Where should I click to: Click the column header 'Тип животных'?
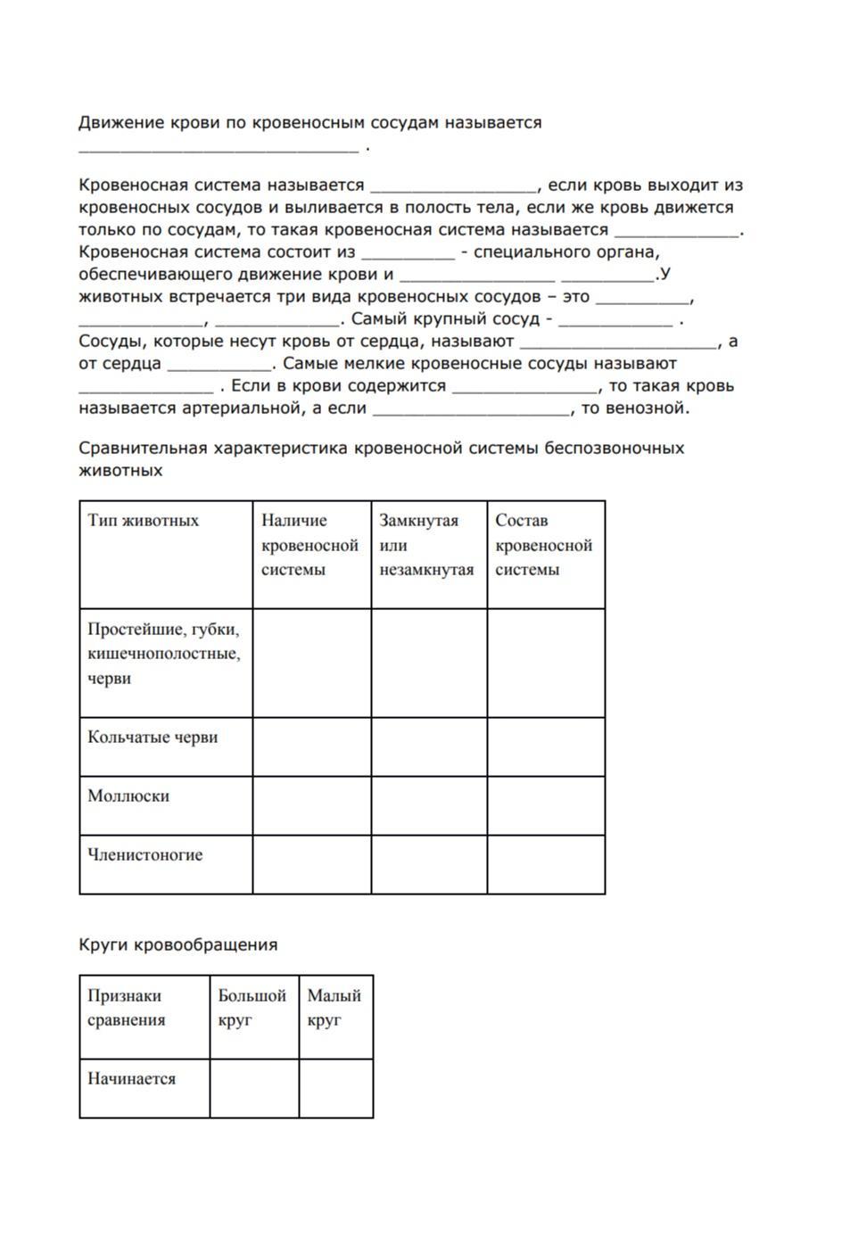[x=143, y=521]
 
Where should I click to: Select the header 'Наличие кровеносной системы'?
[x=309, y=545]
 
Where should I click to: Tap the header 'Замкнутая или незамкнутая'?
[x=426, y=545]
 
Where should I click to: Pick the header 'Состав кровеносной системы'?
[x=543, y=545]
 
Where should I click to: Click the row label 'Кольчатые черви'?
[x=153, y=738]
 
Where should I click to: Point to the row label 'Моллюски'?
[x=128, y=796]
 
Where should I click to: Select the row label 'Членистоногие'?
[x=144, y=855]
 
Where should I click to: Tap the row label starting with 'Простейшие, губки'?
[x=164, y=654]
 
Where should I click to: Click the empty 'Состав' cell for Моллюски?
[x=546, y=805]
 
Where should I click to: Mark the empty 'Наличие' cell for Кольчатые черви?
[x=311, y=746]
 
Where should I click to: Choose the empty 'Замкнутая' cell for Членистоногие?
[x=429, y=864]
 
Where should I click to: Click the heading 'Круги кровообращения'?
[x=177, y=944]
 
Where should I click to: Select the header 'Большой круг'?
[x=252, y=1008]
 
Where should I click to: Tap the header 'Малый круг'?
[x=334, y=1008]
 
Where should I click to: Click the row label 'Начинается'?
[x=131, y=1079]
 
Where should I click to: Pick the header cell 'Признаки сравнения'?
[x=126, y=1008]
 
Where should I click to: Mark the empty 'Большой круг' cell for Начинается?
[x=254, y=1088]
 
